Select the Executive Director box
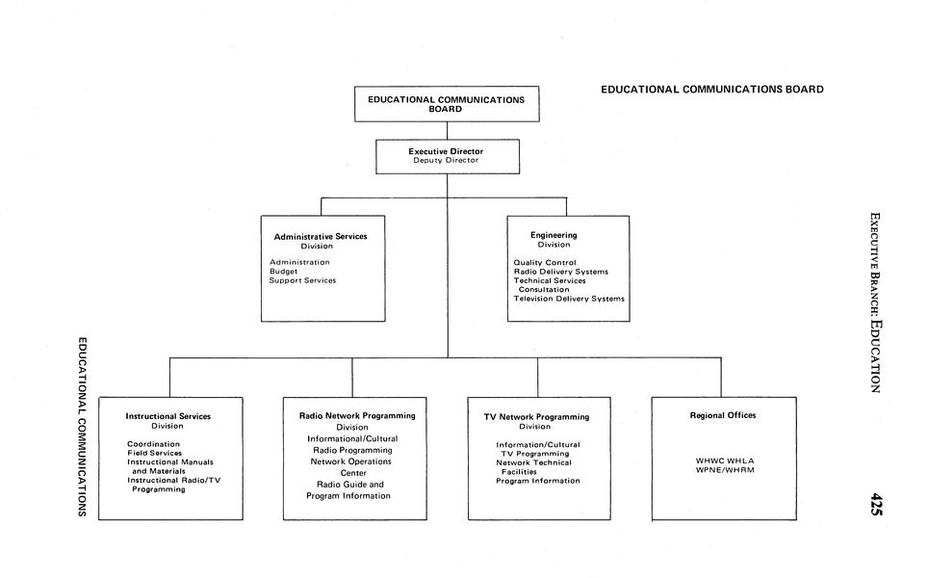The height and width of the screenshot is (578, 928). pyautogui.click(x=447, y=156)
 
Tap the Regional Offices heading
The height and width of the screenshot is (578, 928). pyautogui.click(x=723, y=415)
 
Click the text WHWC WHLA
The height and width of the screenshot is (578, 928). pyautogui.click(x=724, y=460)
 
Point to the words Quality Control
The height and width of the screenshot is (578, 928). pyautogui.click(x=545, y=262)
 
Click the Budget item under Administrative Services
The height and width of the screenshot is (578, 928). pyautogui.click(x=283, y=272)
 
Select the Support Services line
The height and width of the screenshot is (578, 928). pyautogui.click(x=302, y=280)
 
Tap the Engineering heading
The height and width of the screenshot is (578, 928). pyautogui.click(x=554, y=235)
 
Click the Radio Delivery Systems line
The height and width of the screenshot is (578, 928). pyautogui.click(x=560, y=272)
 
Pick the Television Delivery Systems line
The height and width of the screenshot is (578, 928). pyautogui.click(x=568, y=299)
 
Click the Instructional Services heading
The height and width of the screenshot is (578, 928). pyautogui.click(x=168, y=416)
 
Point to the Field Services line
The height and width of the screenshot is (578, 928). pyautogui.click(x=154, y=453)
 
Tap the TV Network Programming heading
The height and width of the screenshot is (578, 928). pyautogui.click(x=536, y=417)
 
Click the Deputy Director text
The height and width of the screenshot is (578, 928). pyautogui.click(x=446, y=161)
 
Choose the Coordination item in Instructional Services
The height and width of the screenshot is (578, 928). pyautogui.click(x=153, y=444)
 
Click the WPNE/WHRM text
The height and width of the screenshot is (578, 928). pyautogui.click(x=724, y=470)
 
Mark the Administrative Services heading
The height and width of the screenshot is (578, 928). pyautogui.click(x=320, y=236)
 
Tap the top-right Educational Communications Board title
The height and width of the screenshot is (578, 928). pyautogui.click(x=711, y=90)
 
